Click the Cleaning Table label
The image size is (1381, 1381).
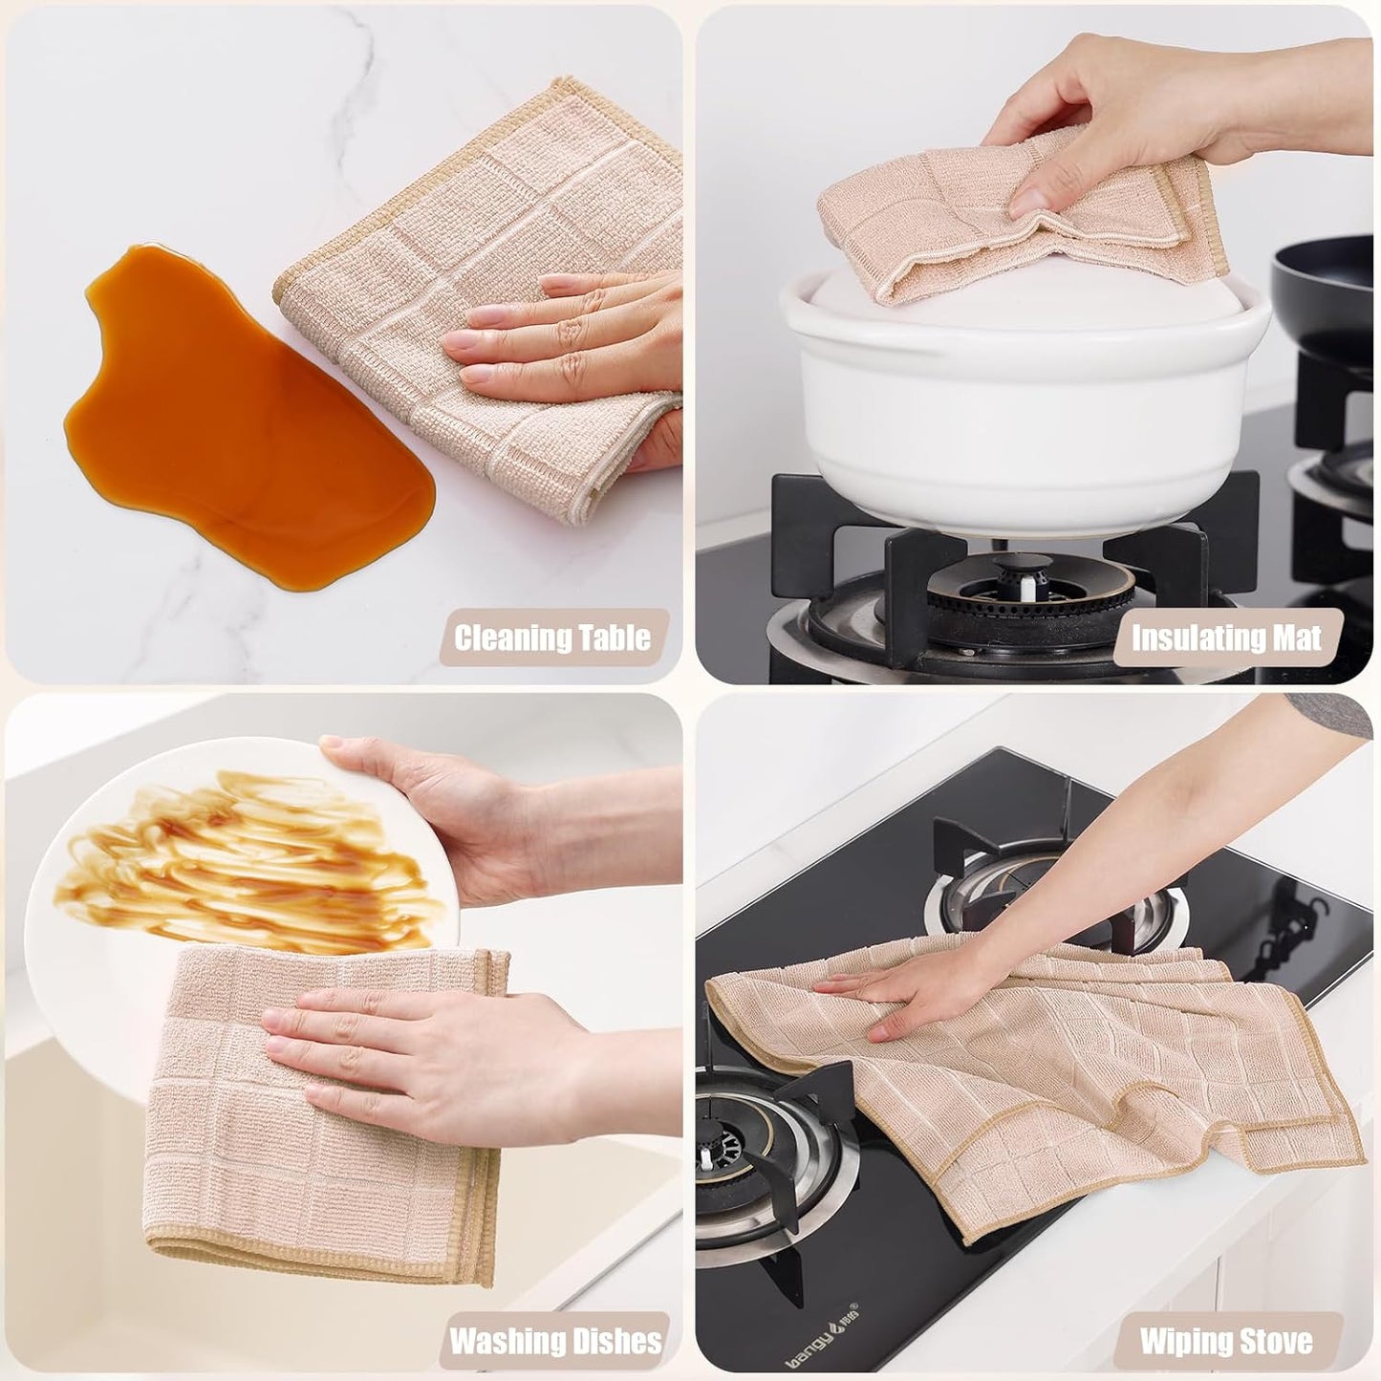pos(552,638)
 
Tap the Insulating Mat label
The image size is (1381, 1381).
pos(1226,638)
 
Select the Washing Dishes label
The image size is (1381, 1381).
pos(555,1340)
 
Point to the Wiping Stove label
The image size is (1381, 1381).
pos(1226,1340)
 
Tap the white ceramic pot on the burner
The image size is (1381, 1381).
pos(1023,382)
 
